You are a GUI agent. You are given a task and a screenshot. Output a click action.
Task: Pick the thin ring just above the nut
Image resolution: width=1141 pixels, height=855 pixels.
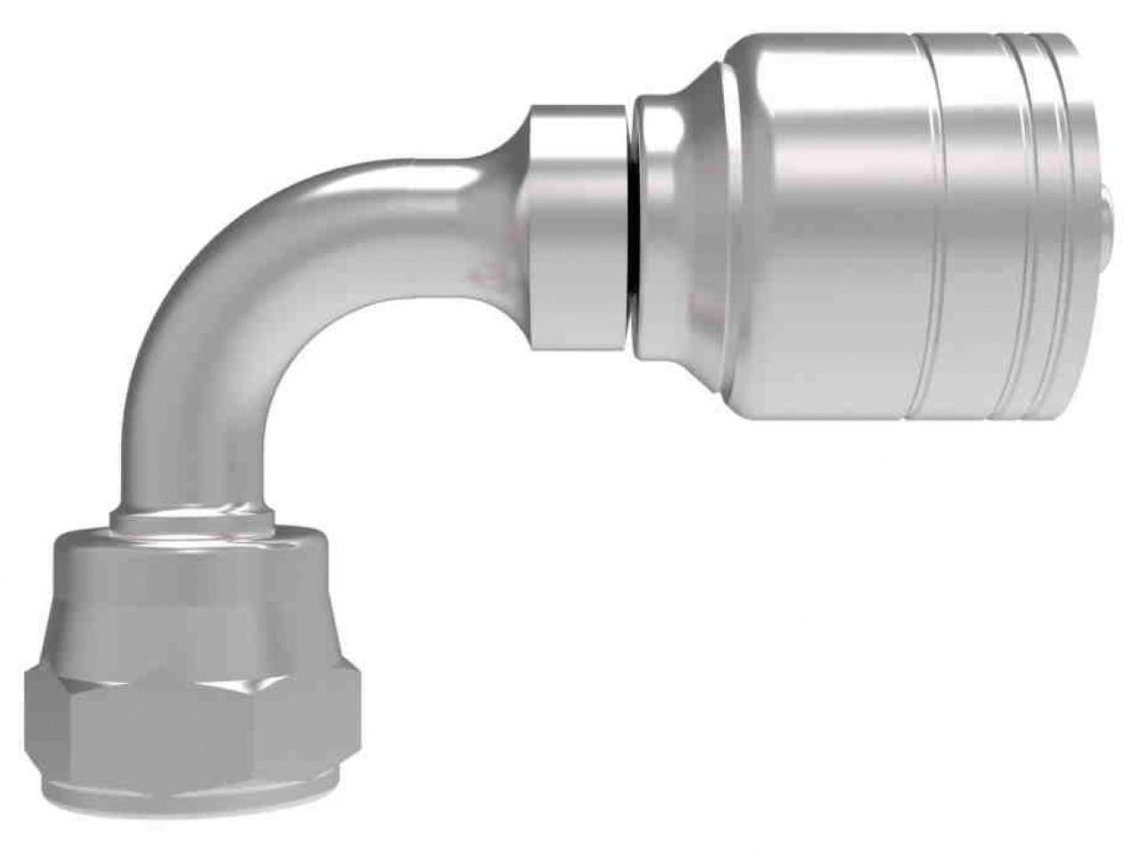[192, 519]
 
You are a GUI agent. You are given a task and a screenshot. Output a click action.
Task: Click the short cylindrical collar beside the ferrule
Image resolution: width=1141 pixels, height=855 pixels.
[577, 227]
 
